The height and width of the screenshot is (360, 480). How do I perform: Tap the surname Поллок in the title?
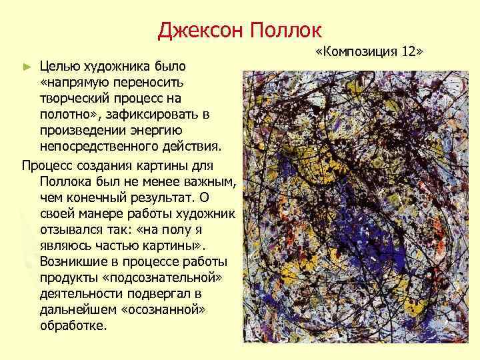(285, 30)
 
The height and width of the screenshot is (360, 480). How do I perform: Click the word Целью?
(61, 67)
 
